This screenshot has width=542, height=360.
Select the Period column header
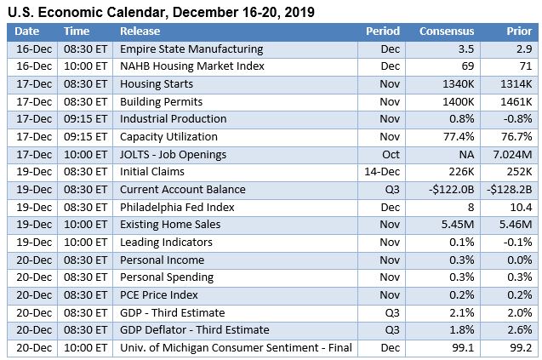[382, 31]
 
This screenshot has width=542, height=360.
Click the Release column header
[140, 31]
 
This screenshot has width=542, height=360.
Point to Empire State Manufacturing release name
[191, 49]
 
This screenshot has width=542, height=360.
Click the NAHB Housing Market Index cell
[191, 66]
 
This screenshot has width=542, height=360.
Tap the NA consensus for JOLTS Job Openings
[465, 154]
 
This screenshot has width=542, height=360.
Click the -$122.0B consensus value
[449, 189]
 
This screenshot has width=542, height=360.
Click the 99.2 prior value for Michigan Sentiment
[520, 347]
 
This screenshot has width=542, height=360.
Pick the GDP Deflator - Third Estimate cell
[194, 329]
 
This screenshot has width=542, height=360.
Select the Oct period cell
[391, 154]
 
